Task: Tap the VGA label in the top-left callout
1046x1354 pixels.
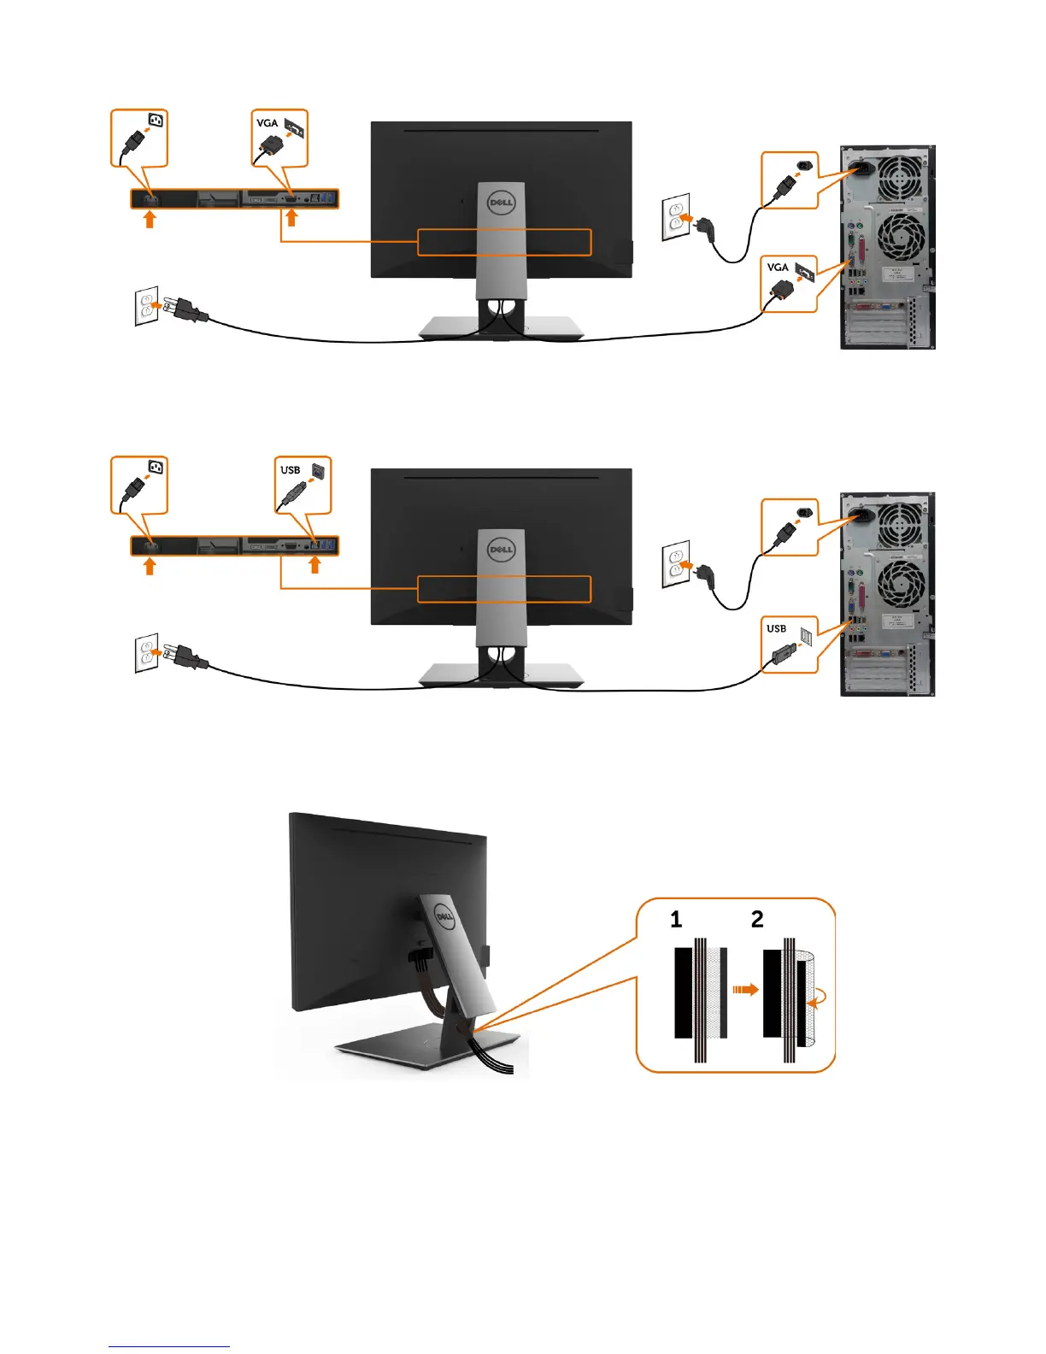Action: point(267,123)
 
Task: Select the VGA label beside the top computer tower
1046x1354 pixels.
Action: point(777,268)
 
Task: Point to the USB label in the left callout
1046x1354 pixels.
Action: point(290,470)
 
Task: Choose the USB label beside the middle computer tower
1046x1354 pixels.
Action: point(776,629)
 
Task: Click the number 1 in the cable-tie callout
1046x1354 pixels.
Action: point(676,920)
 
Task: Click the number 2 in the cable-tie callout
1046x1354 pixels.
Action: point(757,920)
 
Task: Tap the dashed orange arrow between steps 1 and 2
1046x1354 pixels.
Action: point(745,990)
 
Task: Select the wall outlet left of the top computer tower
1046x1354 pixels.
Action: point(675,217)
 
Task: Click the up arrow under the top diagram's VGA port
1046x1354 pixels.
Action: point(291,219)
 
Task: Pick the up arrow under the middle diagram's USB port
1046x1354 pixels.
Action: point(314,565)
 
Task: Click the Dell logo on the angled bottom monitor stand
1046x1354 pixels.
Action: point(444,919)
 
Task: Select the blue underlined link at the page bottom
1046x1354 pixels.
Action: point(169,1346)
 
